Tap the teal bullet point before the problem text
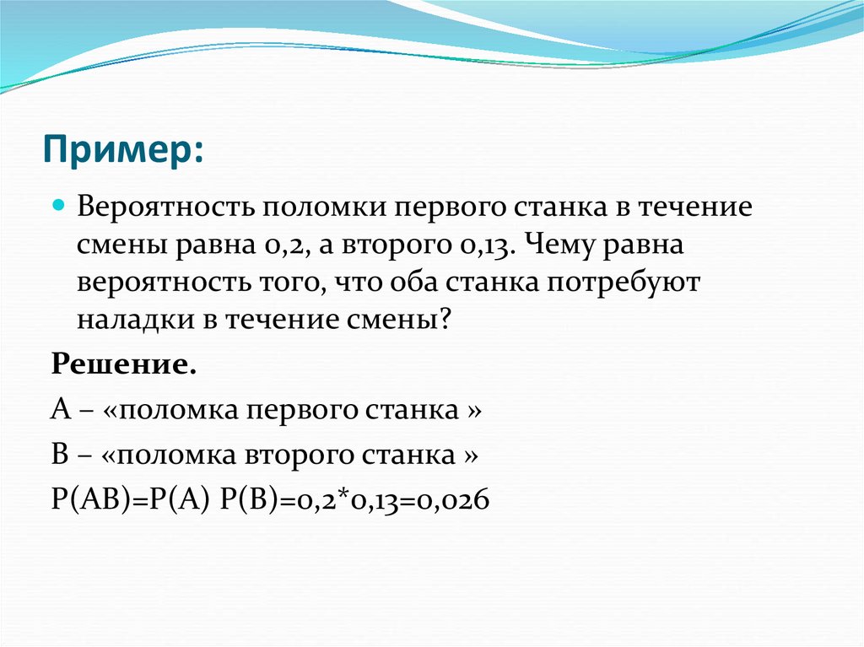pyautogui.click(x=58, y=207)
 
